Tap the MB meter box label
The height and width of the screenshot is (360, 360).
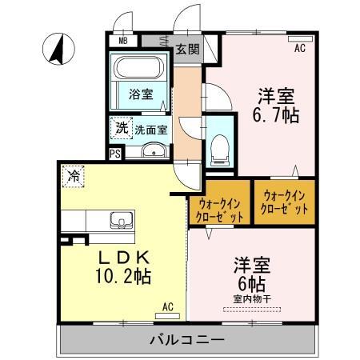123,40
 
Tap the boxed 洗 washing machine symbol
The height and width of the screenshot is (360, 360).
120,127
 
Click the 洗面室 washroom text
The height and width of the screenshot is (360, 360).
150,127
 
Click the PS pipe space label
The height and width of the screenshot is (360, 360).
115,153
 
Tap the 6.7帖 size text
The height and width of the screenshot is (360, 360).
277,115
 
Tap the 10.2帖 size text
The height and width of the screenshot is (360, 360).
120,277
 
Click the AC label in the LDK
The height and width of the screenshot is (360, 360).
168,306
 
